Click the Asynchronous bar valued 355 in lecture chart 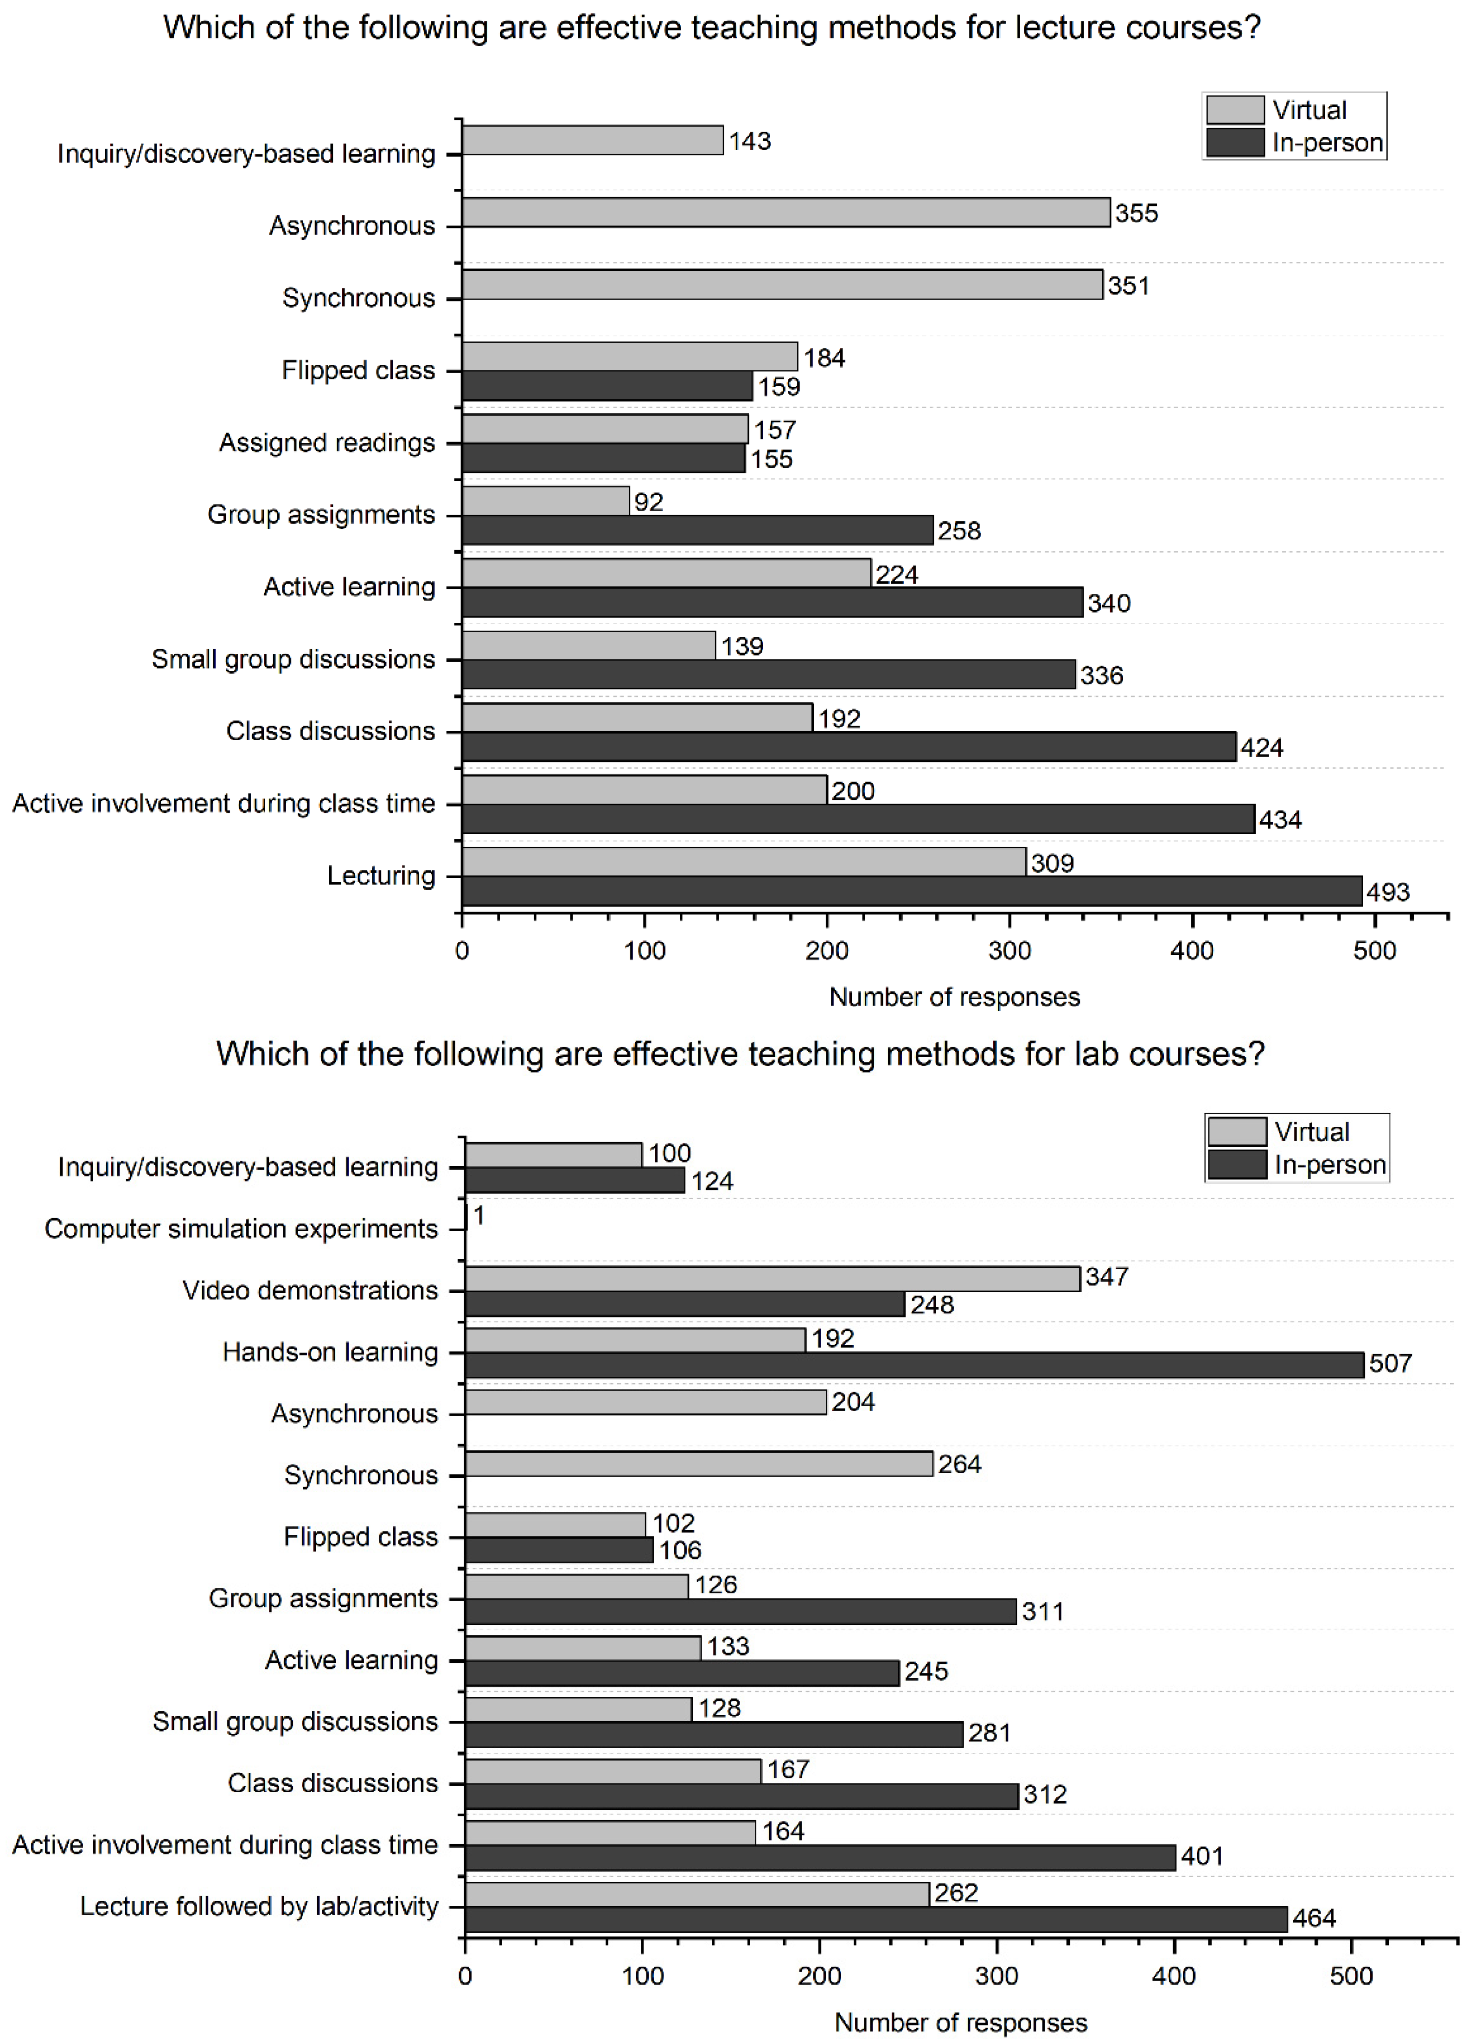click(785, 213)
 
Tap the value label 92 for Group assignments click(649, 502)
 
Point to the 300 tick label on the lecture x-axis click(1009, 951)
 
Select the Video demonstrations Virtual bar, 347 click(772, 1278)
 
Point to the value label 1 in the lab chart click(479, 1216)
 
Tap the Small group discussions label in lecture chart click(293, 659)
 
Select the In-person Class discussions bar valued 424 click(848, 747)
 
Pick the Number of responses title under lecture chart click(954, 997)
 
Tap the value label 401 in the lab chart click(1202, 1857)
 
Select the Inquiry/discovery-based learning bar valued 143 click(592, 141)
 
